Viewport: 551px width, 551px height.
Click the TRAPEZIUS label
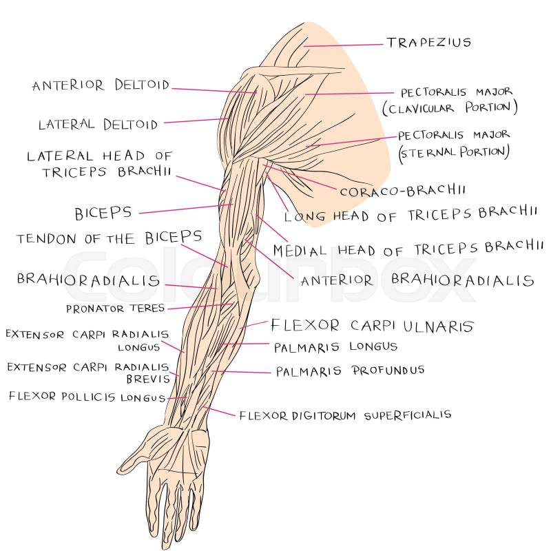[x=428, y=43]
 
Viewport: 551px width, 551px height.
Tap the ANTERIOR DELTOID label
[x=101, y=86]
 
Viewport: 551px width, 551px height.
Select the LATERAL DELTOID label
[x=97, y=125]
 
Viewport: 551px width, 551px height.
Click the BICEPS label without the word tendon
[x=103, y=211]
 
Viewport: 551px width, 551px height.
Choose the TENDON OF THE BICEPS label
[x=110, y=238]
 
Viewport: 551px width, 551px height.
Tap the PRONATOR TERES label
[x=115, y=309]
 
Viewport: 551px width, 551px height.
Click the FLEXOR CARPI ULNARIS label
[x=353, y=325]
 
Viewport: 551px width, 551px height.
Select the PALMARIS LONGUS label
[x=335, y=346]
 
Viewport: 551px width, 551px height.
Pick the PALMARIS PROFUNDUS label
[x=350, y=371]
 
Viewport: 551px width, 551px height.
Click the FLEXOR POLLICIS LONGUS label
[x=86, y=397]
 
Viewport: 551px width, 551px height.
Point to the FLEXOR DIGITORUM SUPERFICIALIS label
[x=345, y=415]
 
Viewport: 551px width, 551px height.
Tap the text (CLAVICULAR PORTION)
[x=449, y=108]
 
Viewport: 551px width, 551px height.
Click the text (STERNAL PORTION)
[x=454, y=151]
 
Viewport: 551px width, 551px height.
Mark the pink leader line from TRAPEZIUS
[x=344, y=45]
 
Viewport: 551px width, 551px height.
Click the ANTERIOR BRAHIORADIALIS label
[x=417, y=280]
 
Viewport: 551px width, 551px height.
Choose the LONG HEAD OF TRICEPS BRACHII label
[x=410, y=216]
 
